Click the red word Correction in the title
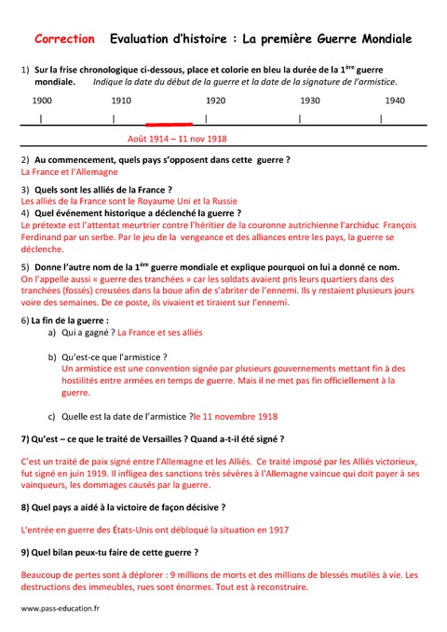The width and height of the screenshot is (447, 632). (64, 39)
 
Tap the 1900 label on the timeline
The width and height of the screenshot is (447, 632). (42, 100)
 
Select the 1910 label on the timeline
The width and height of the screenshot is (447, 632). (121, 100)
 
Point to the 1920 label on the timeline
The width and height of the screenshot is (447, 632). (215, 100)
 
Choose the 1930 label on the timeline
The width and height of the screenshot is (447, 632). (310, 100)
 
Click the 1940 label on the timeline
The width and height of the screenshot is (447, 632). (395, 100)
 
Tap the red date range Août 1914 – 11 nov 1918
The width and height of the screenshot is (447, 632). (178, 139)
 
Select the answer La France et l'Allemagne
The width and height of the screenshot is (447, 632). (69, 172)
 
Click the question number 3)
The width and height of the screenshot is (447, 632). (25, 189)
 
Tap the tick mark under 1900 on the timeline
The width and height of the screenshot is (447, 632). (40, 119)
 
